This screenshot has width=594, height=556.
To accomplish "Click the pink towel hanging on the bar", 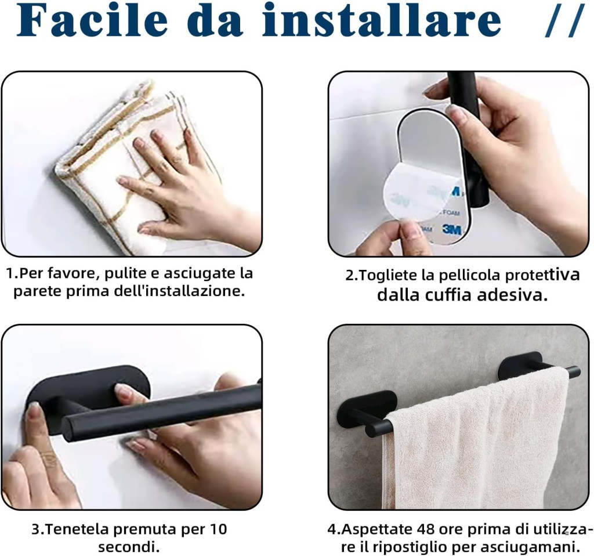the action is coord(477,440).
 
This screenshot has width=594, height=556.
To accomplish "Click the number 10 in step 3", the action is coord(218,529).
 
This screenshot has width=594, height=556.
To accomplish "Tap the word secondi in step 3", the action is coord(129,547).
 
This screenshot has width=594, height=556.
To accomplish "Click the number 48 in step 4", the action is coord(425,529).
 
